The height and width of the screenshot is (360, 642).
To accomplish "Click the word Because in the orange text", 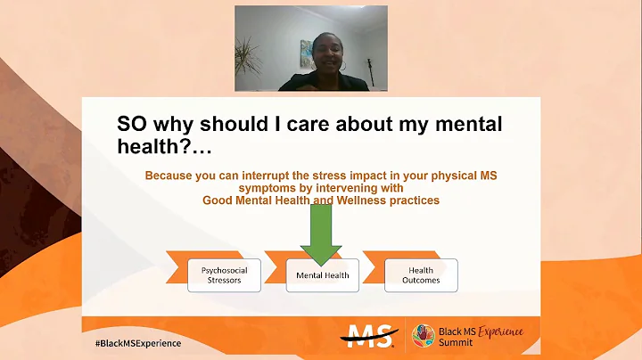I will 170,176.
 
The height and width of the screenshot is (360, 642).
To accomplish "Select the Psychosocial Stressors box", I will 226,275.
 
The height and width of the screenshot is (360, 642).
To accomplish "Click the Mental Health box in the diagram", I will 322,275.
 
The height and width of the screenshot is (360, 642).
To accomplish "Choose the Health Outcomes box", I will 421,275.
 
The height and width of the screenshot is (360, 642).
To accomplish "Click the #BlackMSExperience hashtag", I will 137,342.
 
